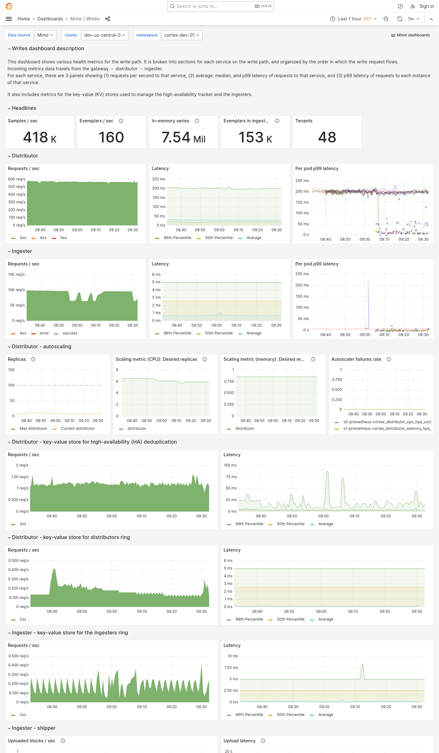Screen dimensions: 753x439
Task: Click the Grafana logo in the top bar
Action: [x=9, y=6]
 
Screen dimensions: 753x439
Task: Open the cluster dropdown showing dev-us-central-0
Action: [x=104, y=35]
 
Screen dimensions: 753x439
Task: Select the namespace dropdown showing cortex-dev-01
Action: [x=182, y=35]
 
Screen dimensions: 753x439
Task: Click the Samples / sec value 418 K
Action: [x=40, y=137]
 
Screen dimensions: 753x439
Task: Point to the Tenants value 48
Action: [x=327, y=137]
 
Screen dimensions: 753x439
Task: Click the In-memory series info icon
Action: [x=197, y=121]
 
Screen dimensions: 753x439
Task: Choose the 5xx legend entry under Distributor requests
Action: [x=63, y=238]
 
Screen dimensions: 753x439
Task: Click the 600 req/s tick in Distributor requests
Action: [x=17, y=179]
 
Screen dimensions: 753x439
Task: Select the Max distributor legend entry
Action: [x=33, y=429]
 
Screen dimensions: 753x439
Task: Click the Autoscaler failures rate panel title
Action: [x=356, y=359]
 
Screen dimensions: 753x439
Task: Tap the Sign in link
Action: [x=426, y=6]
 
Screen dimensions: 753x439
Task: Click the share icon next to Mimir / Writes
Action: [x=108, y=19]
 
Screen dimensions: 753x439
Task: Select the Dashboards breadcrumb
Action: [x=50, y=19]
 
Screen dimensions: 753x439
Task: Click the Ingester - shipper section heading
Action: [x=34, y=728]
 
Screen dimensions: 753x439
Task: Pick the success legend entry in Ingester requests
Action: [x=70, y=333]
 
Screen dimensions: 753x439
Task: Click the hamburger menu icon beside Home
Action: [x=9, y=19]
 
